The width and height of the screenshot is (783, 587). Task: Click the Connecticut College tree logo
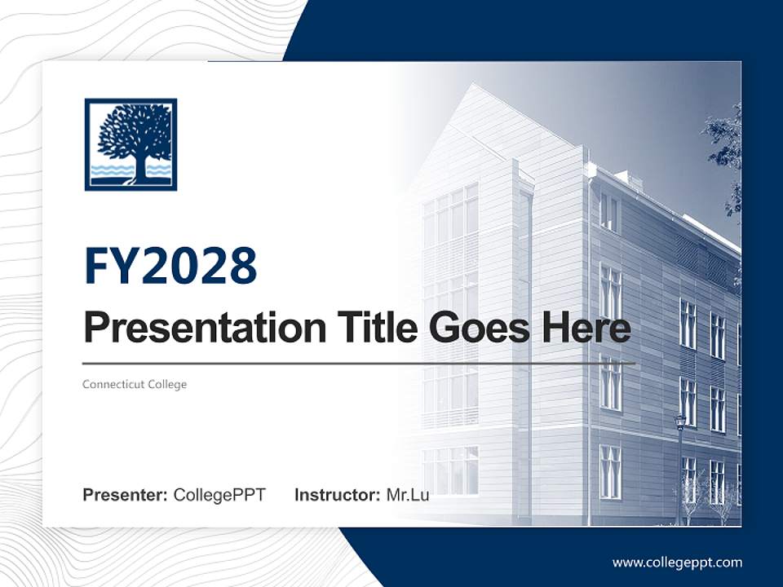tap(130, 144)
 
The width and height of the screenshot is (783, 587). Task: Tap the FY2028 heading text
tap(170, 266)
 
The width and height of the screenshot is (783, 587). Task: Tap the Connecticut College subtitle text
tap(135, 384)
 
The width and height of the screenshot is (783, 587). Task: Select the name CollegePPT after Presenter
tap(219, 495)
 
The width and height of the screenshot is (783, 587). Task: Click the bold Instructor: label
tap(337, 495)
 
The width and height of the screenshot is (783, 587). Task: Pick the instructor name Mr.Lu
tap(407, 495)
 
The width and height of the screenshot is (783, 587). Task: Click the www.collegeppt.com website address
tap(677, 562)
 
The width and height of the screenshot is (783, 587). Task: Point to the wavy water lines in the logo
tap(110, 170)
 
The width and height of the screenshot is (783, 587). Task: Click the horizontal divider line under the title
tap(359, 363)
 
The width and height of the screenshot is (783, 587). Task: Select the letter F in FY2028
tap(97, 266)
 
